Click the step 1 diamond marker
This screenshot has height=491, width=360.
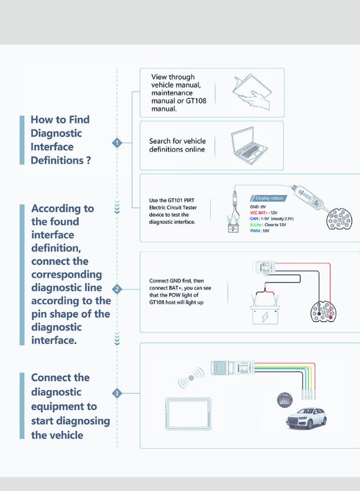[117, 143]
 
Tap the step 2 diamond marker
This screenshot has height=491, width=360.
[116, 289]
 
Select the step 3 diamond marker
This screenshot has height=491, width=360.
[116, 393]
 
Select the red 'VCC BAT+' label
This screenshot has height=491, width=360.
[261, 212]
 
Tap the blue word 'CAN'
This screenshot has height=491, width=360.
[254, 218]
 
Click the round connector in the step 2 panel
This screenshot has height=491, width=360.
[324, 312]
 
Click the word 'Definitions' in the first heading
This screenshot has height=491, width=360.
[57, 160]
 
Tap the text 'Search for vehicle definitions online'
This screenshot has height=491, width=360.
[177, 145]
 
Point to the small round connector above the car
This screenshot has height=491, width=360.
[284, 400]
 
